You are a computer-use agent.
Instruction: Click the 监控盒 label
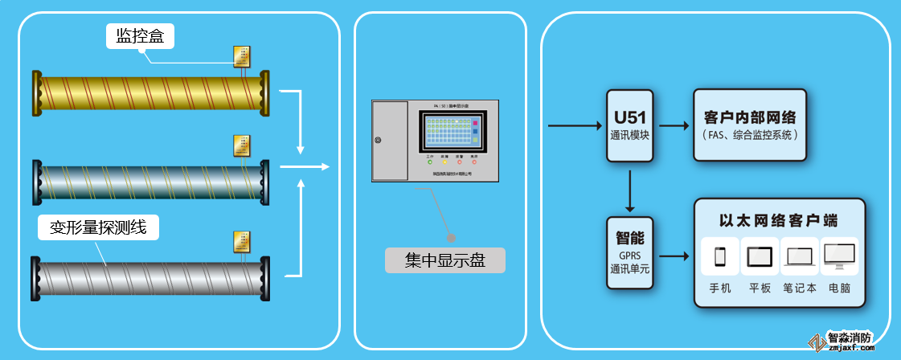(140, 36)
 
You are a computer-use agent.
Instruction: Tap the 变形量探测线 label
(98, 227)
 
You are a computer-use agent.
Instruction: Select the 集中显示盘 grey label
(445, 260)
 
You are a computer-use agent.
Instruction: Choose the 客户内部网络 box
(749, 125)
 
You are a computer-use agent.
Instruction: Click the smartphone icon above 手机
(720, 256)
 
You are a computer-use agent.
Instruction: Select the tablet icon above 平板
(760, 256)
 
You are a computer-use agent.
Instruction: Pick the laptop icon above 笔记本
(800, 257)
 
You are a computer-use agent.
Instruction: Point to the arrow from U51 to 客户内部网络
(674, 126)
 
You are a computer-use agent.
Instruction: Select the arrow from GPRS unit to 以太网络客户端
(674, 256)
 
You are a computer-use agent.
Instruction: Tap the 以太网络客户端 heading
(779, 219)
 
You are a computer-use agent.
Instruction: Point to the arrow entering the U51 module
(574, 125)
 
